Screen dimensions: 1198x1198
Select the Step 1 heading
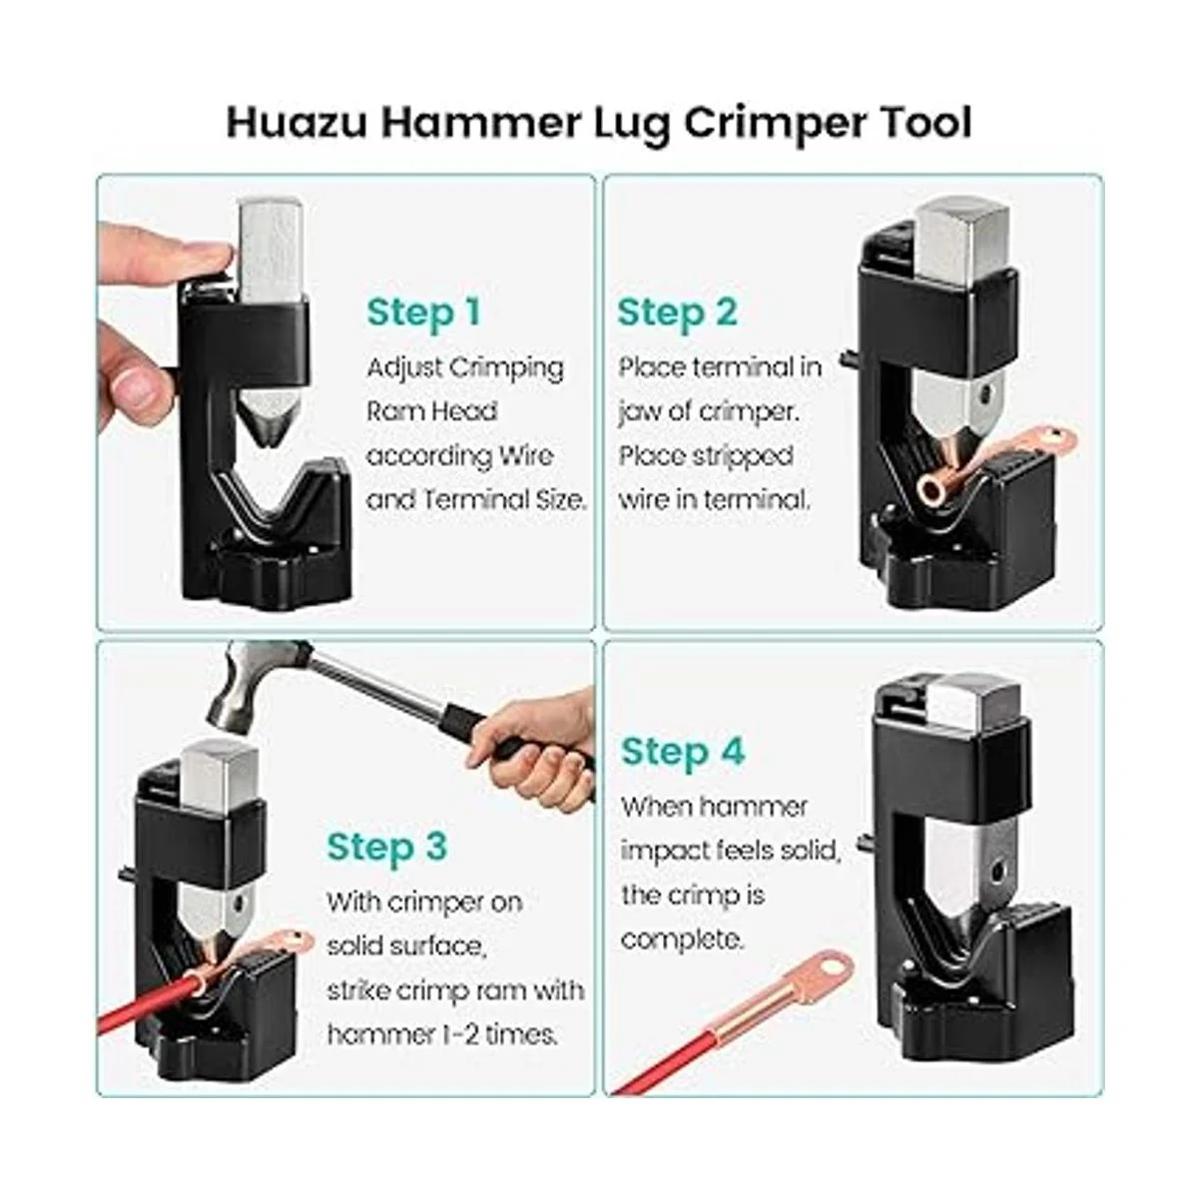423,312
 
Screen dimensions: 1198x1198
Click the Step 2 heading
677,312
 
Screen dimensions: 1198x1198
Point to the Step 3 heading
386,847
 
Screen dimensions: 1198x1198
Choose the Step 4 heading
683,752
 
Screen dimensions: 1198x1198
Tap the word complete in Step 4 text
682,938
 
